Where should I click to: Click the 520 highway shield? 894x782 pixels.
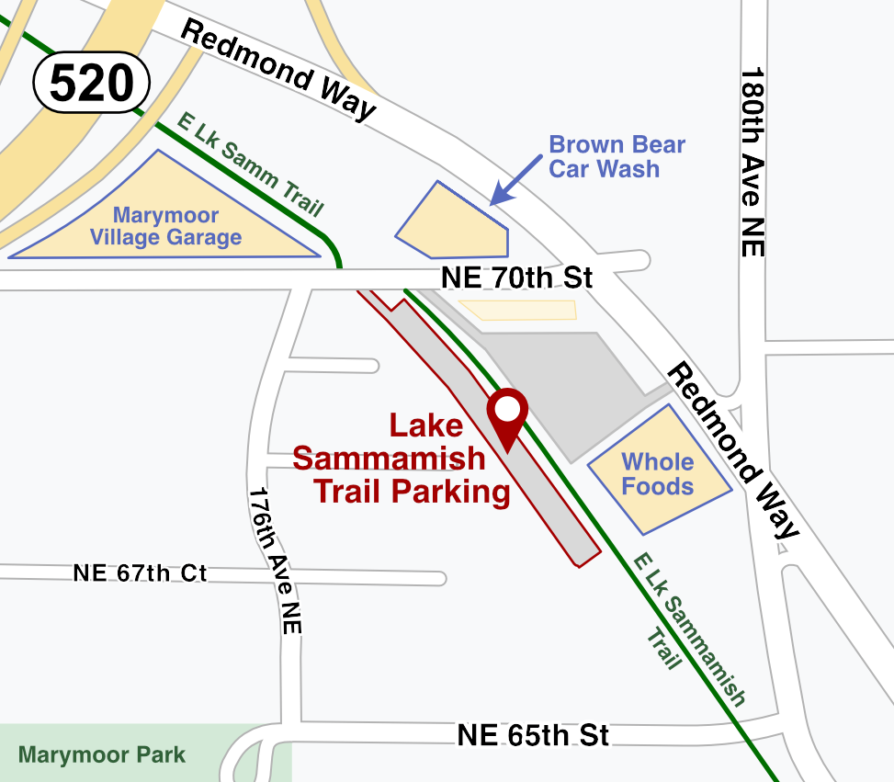92,84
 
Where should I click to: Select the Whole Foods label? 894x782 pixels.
657,474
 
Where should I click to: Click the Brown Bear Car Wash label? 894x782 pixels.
617,156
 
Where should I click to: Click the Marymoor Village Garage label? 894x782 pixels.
165,227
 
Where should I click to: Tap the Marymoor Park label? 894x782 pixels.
102,755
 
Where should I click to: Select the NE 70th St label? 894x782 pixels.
517,277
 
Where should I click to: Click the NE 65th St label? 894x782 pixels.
533,735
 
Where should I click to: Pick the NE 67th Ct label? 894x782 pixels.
140,573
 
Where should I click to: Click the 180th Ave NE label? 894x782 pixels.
753,162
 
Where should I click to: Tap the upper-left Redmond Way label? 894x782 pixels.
278,69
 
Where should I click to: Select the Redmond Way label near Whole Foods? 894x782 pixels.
733,449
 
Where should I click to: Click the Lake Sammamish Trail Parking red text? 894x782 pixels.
401,459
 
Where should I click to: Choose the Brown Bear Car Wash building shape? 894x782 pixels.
453,223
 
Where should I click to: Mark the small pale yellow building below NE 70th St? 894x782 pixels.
518,310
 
